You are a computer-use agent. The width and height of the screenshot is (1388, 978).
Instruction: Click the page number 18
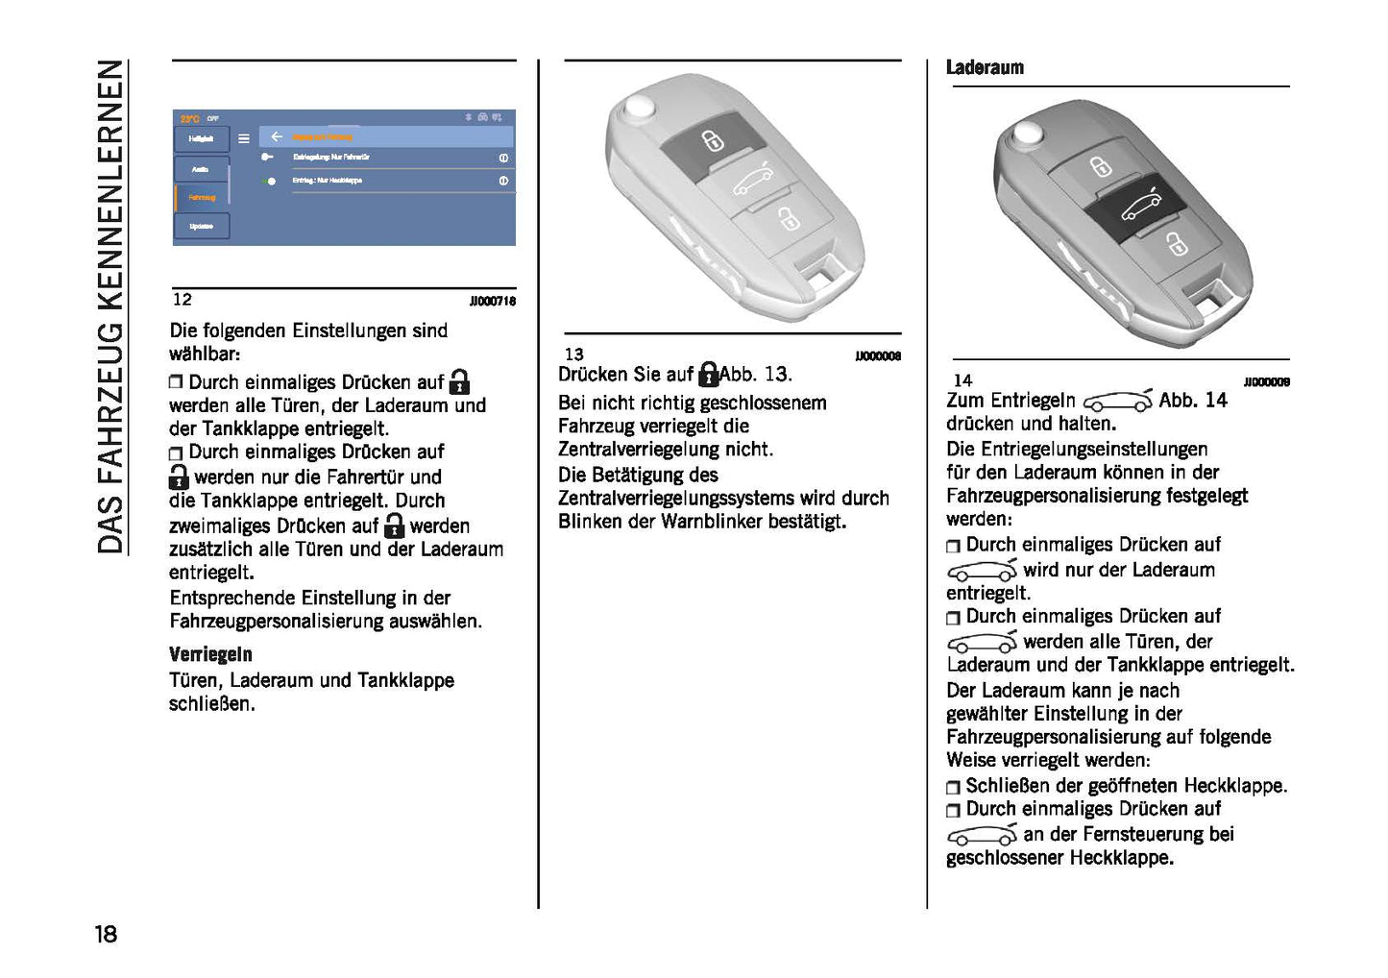click(106, 933)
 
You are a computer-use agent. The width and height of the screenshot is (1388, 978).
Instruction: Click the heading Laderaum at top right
click(985, 67)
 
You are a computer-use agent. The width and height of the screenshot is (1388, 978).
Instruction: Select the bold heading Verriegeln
click(210, 654)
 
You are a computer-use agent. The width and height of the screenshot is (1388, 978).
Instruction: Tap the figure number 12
click(182, 300)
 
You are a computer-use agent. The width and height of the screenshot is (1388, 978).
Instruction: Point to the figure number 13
click(573, 355)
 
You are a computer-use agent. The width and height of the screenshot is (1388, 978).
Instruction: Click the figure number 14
click(962, 380)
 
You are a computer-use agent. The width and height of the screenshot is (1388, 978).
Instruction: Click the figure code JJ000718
click(492, 302)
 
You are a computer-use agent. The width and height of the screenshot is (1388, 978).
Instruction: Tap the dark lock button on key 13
click(711, 140)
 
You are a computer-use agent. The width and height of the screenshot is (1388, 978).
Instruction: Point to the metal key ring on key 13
click(638, 107)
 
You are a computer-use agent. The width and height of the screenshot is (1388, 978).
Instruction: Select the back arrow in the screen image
click(277, 137)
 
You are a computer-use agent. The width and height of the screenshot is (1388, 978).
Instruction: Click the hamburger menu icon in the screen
click(244, 138)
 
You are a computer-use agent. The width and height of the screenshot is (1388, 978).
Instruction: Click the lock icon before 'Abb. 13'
click(708, 374)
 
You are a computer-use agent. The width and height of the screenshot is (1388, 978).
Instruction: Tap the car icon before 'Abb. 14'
click(1117, 401)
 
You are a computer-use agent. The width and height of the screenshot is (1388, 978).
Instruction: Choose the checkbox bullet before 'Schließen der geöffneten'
click(953, 787)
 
